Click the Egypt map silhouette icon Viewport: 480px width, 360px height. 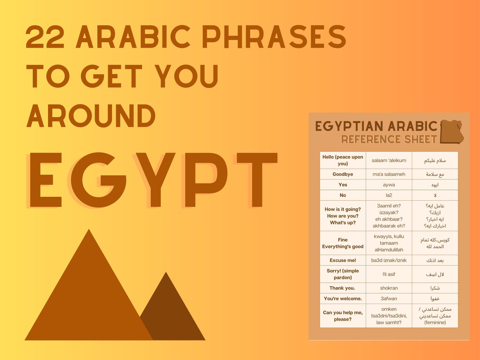[451, 132]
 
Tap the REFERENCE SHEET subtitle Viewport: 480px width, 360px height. [389, 140]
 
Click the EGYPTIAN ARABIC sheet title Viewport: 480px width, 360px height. [376, 126]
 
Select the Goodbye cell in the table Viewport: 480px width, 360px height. [343, 174]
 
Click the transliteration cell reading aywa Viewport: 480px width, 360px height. [389, 184]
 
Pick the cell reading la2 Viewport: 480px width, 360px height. [389, 195]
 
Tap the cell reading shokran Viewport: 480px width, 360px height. [389, 288]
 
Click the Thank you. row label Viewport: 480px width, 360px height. [343, 288]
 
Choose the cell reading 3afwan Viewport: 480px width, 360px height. [389, 299]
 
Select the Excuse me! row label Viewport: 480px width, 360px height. [343, 260]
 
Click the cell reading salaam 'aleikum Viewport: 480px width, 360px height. [389, 160]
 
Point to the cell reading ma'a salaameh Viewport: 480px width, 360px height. [389, 174]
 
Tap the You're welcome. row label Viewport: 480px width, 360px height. [343, 299]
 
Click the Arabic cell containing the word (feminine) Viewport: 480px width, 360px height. [435, 316]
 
